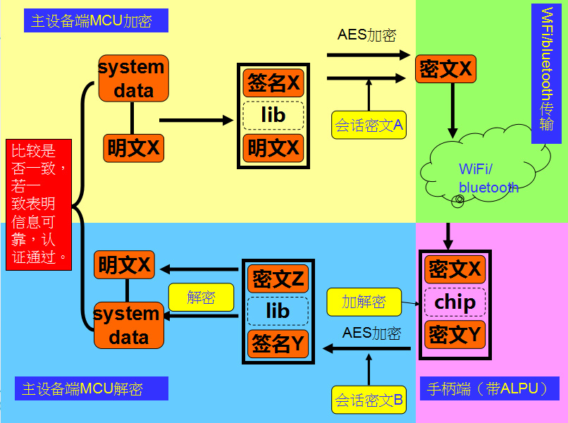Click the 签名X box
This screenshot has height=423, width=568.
click(x=273, y=83)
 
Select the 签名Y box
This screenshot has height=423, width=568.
click(x=278, y=343)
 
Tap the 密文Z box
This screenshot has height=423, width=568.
click(x=278, y=279)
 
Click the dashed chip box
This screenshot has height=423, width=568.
click(x=455, y=302)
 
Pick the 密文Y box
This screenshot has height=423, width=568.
click(x=455, y=334)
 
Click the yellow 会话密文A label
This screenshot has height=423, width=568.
click(x=369, y=125)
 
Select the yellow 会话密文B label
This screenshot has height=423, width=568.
click(x=369, y=400)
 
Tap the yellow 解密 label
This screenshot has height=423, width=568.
click(x=201, y=298)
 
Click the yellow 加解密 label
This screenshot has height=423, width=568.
click(x=364, y=302)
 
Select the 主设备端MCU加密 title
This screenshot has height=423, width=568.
click(x=96, y=20)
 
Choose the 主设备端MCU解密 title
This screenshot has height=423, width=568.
click(x=92, y=388)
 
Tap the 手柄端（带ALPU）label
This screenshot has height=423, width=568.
click(x=490, y=388)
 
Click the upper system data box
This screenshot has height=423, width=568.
click(x=133, y=78)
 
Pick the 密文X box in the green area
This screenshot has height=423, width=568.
click(x=445, y=69)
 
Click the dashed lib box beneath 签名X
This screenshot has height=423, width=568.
click(x=273, y=115)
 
